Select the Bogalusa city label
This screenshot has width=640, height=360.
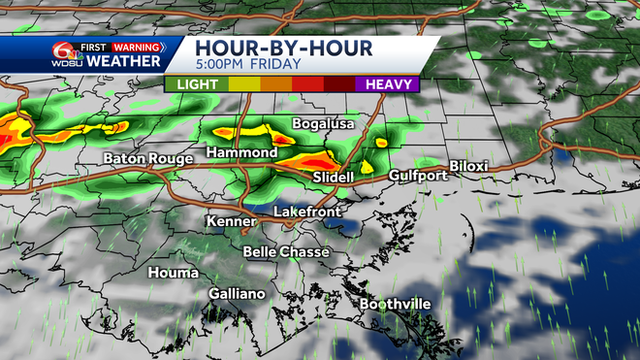(325, 124)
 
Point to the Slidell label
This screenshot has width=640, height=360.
(334, 179)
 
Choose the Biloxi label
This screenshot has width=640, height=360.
(467, 166)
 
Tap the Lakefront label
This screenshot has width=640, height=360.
(304, 211)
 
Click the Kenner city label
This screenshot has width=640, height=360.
(231, 221)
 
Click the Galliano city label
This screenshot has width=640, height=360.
(237, 294)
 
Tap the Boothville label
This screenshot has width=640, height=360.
(395, 304)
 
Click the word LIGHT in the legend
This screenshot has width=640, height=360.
(198, 84)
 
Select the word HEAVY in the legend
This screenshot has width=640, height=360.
(385, 84)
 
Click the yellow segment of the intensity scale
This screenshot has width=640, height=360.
(242, 84)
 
